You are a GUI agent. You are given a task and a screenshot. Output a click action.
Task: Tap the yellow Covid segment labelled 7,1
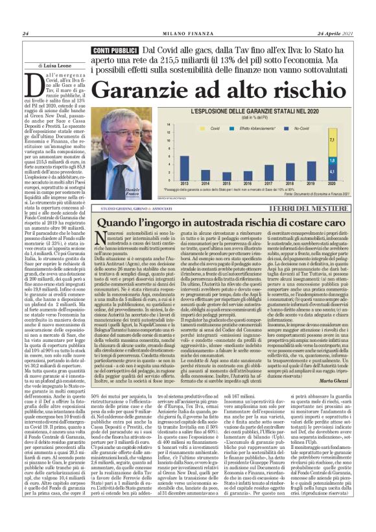click(349, 138)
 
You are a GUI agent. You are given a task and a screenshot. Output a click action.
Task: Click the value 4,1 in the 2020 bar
click(349, 171)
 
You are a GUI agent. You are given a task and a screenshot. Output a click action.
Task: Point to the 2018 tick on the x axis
click(307, 184)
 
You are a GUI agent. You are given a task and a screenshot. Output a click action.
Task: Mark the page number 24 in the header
click(25, 16)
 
